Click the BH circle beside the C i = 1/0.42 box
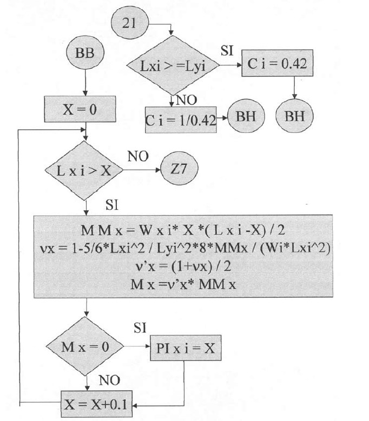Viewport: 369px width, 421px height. [247, 117]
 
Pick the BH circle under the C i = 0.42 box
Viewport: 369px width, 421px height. [294, 117]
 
